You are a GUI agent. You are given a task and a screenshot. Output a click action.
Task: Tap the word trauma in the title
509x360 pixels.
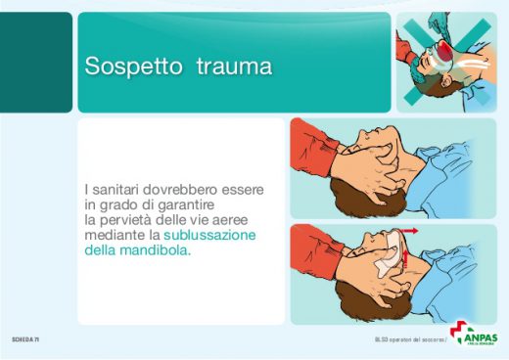click(234, 67)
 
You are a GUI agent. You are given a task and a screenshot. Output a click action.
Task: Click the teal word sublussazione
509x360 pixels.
click(209, 236)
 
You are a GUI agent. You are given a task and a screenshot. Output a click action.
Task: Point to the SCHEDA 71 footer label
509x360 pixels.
click(25, 338)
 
